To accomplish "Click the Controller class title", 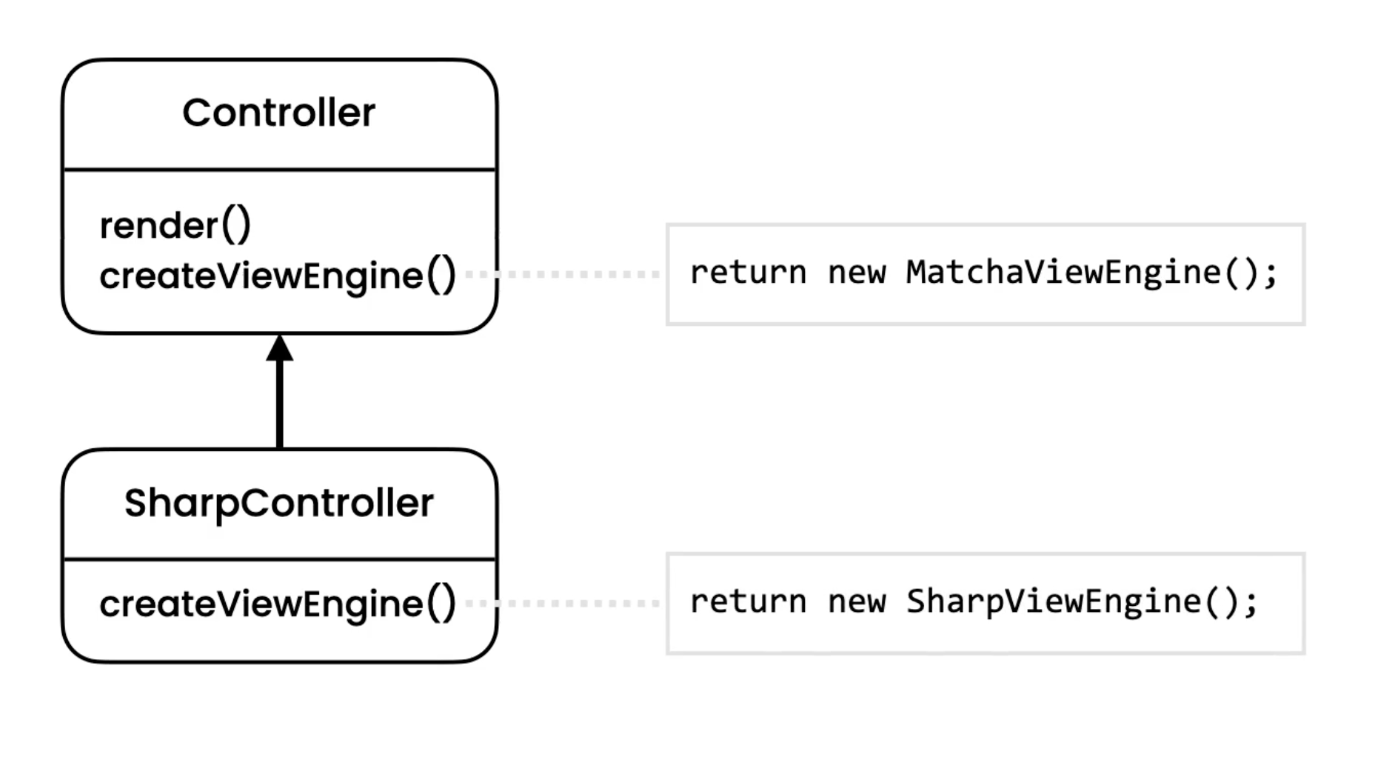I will point(278,113).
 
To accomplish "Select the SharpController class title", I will point(278,504).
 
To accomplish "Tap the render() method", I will point(175,226).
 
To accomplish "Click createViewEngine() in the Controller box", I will point(278,276).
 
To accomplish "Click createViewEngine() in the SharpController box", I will point(278,604).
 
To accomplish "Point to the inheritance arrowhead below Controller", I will point(279,349).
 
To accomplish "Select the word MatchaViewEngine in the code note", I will point(1063,273).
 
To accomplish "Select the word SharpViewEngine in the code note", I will point(1053,602).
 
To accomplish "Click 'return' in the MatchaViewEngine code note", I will point(748,273).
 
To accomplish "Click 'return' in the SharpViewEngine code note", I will point(748,602).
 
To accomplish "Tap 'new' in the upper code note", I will point(856,273).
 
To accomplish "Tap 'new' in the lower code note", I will point(856,602).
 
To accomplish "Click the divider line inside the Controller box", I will point(279,170).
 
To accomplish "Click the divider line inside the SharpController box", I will point(279,559).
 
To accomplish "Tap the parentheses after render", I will point(237,226).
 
